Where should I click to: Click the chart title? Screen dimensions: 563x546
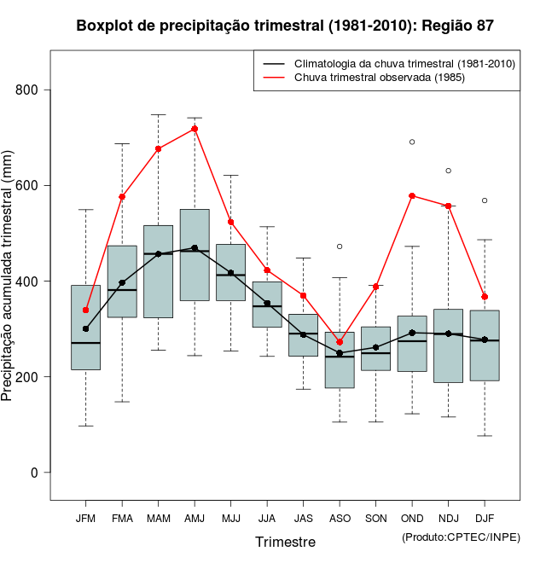click(285, 26)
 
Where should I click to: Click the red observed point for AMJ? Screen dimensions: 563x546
click(195, 129)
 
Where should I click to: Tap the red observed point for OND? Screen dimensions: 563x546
click(412, 195)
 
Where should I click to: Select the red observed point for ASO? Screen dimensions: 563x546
click(340, 342)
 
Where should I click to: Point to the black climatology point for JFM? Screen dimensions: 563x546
click(86, 328)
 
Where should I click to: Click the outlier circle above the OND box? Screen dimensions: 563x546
click(412, 142)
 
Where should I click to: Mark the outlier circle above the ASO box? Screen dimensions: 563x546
click(340, 247)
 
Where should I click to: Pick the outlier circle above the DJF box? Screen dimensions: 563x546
click(485, 200)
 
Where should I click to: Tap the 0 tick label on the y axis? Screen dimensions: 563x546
click(46, 473)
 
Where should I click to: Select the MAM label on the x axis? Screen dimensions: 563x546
click(159, 518)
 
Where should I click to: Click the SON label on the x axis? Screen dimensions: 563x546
click(375, 518)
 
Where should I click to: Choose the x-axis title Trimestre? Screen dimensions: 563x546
click(285, 542)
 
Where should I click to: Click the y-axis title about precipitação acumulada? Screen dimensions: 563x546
click(9, 281)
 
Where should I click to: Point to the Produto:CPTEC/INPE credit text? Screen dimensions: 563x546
click(461, 537)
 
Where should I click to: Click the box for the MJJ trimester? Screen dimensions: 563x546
click(230, 272)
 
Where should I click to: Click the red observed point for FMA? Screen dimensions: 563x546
click(122, 197)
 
